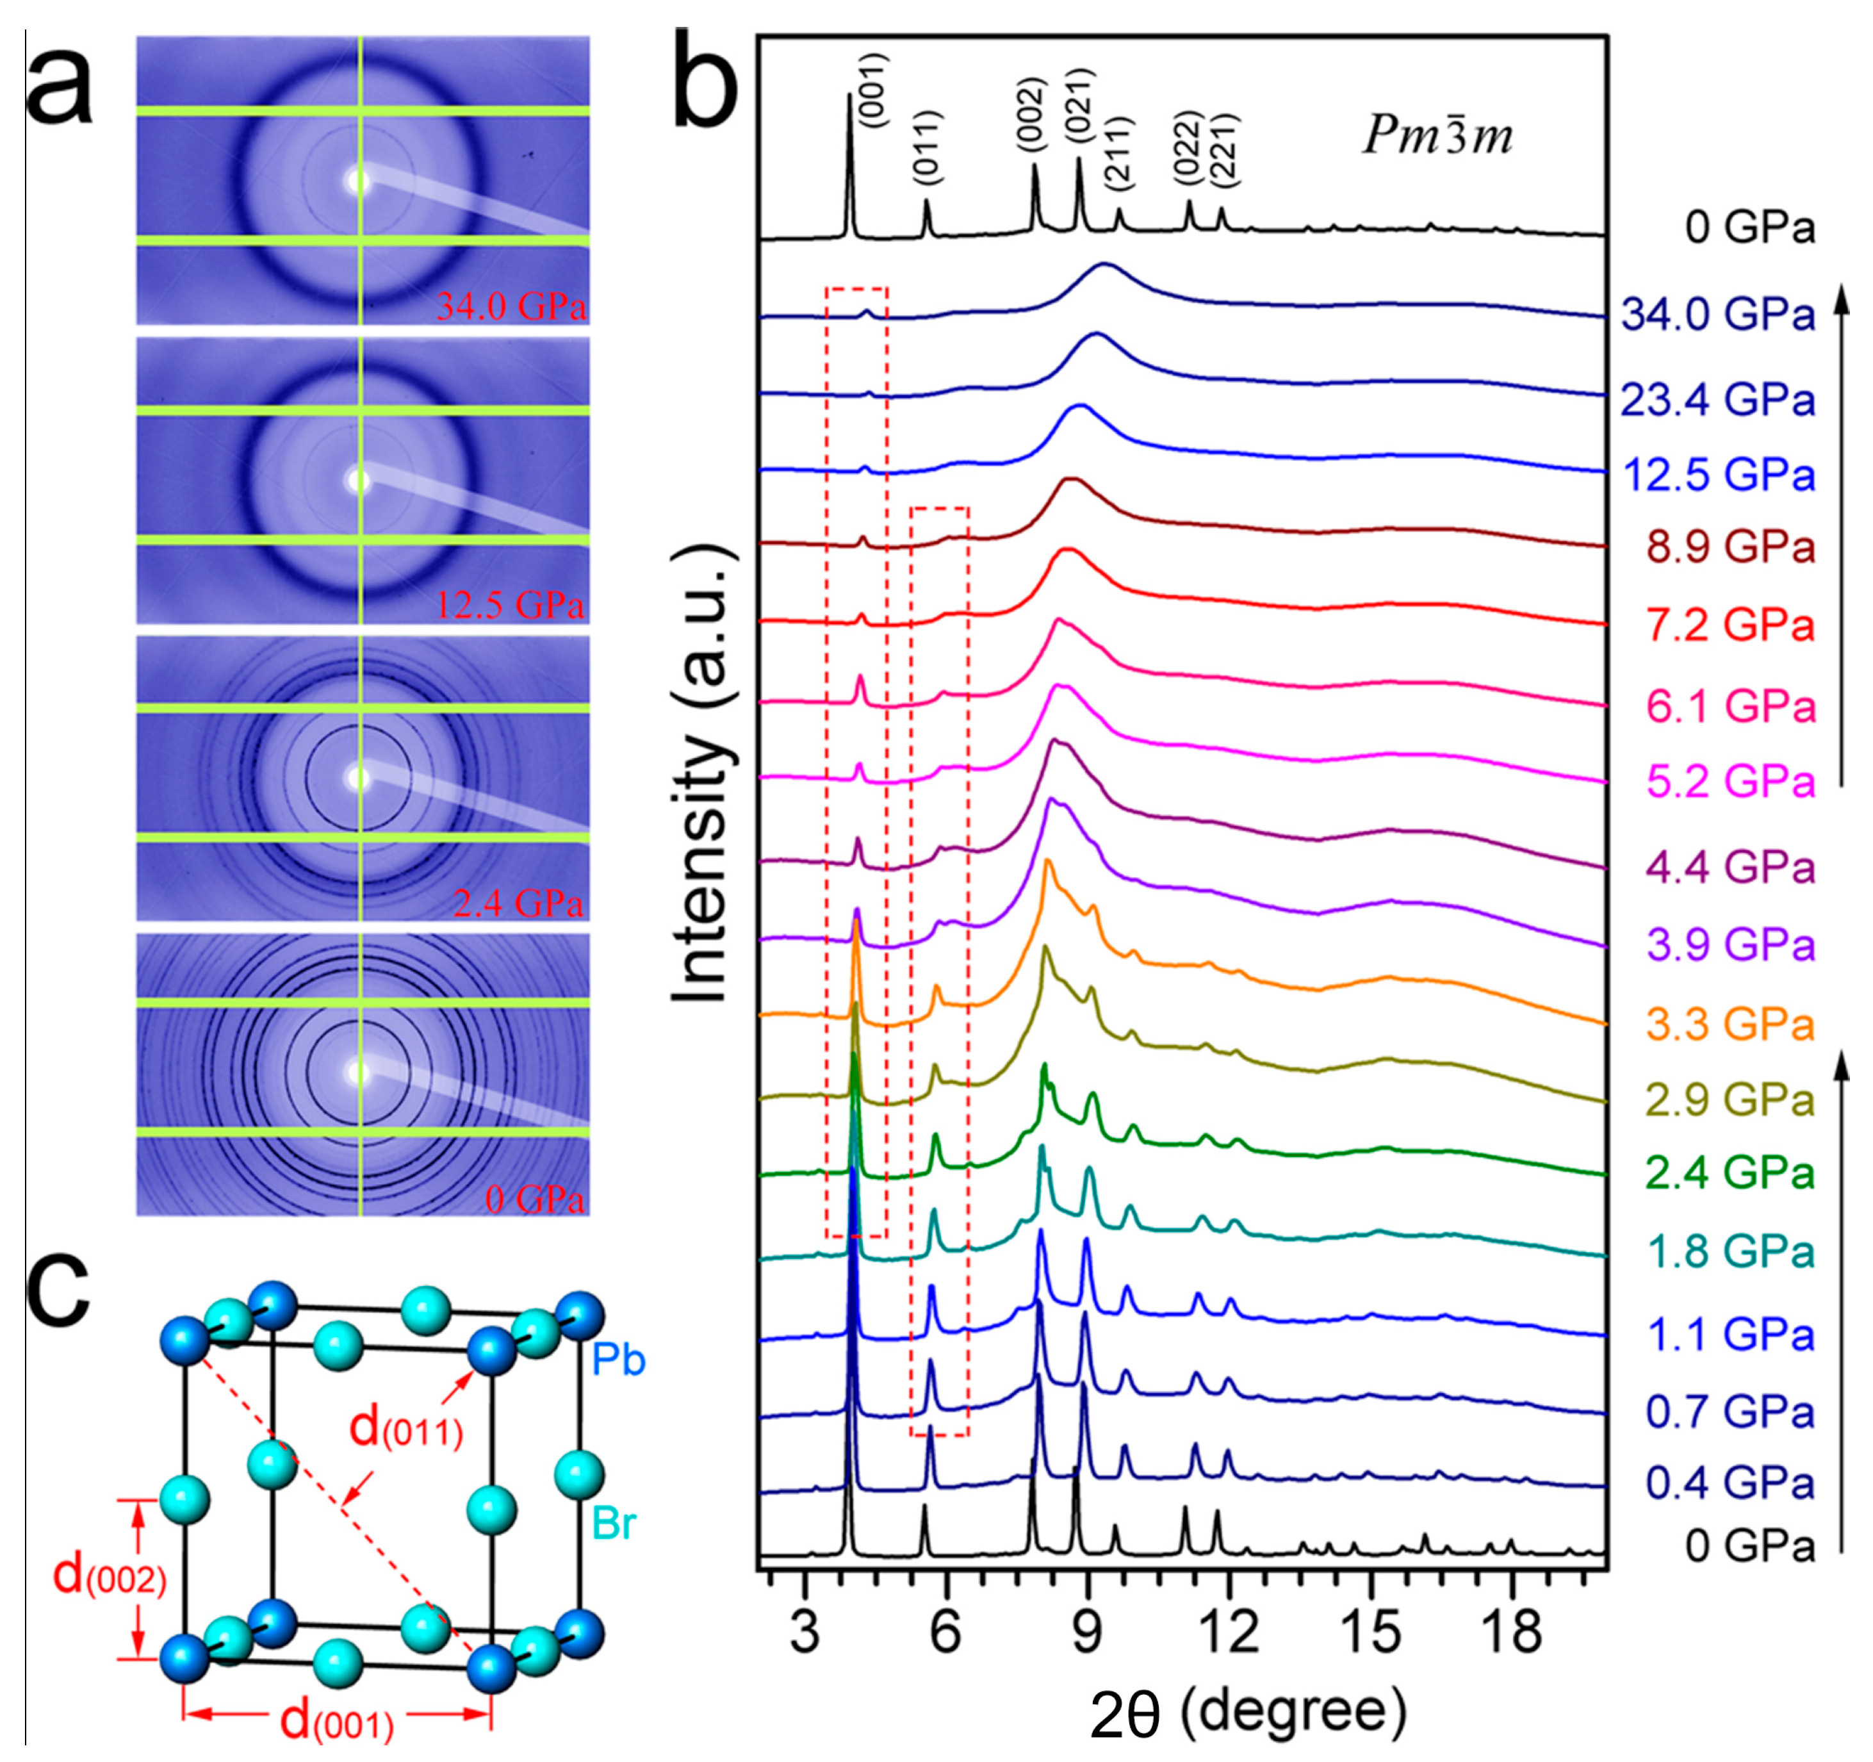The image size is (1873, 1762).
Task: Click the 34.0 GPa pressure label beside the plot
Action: [1717, 314]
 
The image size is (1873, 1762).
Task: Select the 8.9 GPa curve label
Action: [1730, 547]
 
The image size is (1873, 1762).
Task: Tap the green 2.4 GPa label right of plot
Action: [1730, 1173]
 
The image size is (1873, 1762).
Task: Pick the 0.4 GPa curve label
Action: [1730, 1483]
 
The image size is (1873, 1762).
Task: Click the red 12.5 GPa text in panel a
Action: [509, 604]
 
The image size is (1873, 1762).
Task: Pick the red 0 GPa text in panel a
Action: [534, 1199]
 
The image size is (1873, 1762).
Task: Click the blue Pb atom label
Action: [619, 1360]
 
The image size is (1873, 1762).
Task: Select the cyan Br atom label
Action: [614, 1522]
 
